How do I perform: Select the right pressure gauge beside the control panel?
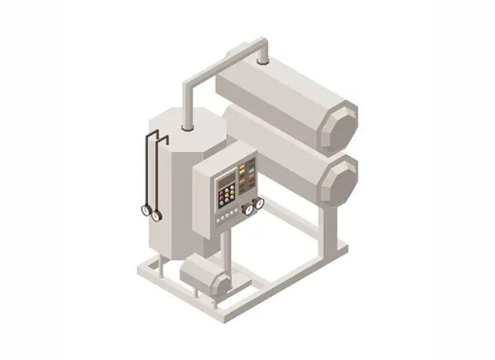click(x=259, y=202)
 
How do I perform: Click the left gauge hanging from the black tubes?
click(x=147, y=210)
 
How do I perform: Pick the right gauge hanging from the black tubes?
click(x=156, y=215)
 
